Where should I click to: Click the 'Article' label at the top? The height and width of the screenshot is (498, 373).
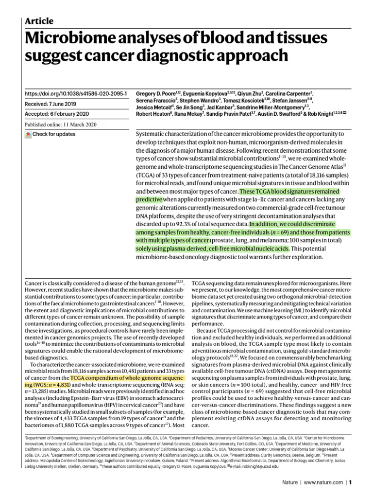(x=39, y=21)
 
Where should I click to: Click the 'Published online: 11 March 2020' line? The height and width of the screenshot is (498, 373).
(x=62, y=124)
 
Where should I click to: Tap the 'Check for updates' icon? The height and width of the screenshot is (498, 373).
(x=28, y=134)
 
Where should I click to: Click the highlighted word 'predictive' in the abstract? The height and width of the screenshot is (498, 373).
(x=149, y=199)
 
